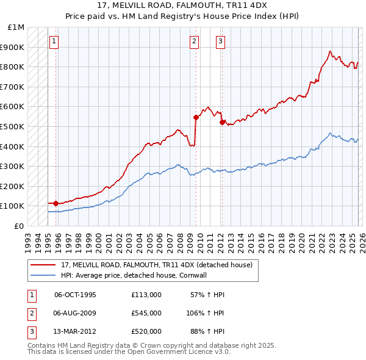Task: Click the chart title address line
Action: tap(182, 5)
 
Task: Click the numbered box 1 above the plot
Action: tap(54, 41)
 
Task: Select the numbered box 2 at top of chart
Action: tap(194, 41)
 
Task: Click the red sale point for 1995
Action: tap(56, 203)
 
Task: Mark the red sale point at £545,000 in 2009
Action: tap(196, 117)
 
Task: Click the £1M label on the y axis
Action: tap(16, 27)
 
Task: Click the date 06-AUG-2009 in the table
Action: tap(75, 313)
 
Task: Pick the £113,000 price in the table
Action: tap(146, 295)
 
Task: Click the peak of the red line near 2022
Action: tap(329, 52)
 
